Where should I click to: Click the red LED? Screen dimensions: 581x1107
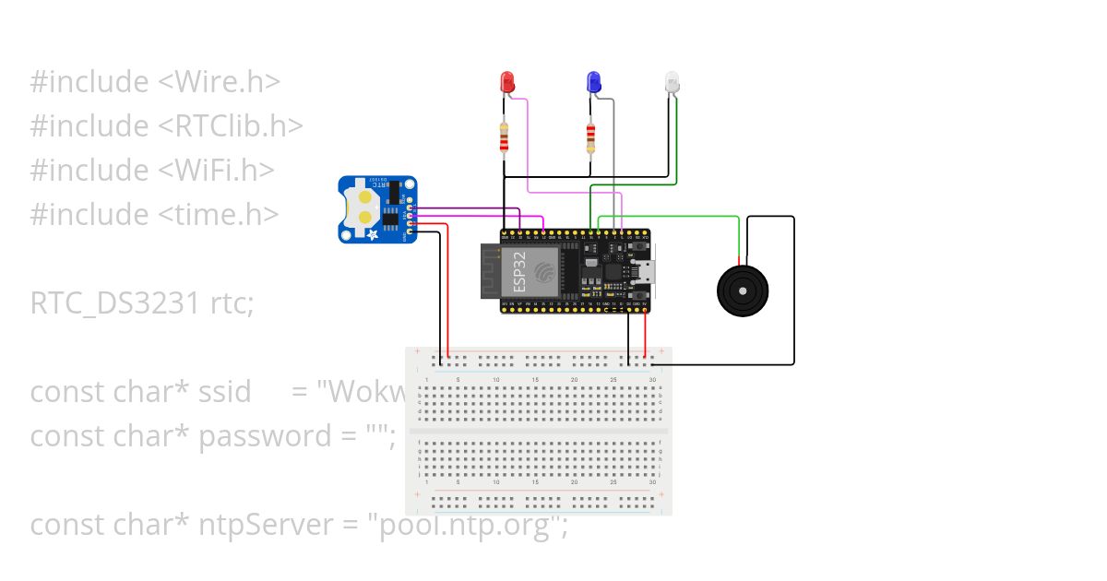click(x=506, y=82)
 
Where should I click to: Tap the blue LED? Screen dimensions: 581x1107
click(x=594, y=82)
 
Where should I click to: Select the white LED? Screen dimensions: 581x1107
click(x=671, y=83)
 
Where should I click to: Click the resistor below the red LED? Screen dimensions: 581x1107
click(x=504, y=138)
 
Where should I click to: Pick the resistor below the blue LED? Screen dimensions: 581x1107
click(x=590, y=138)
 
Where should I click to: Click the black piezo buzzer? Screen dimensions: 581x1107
click(x=742, y=290)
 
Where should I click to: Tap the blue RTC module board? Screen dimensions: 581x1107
click(x=377, y=210)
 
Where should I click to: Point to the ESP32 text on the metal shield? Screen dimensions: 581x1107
click(x=519, y=272)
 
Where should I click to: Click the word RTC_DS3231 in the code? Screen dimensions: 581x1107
click(x=111, y=303)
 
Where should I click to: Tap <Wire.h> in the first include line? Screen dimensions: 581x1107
click(x=220, y=82)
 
